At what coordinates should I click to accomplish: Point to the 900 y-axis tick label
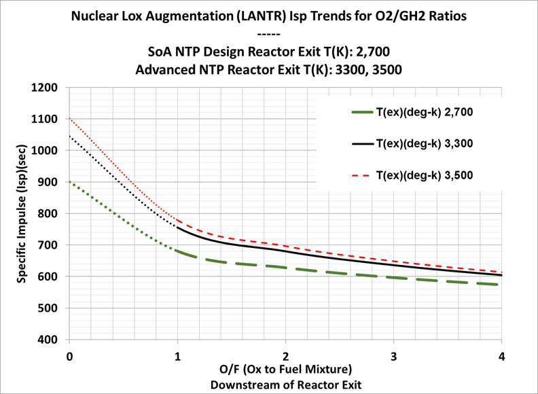coord(50,182)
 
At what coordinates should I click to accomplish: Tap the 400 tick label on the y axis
coord(50,340)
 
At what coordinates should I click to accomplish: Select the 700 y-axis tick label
coord(50,245)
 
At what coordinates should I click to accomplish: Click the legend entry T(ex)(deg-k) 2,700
coord(425,112)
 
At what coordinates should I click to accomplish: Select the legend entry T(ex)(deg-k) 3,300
coord(425,143)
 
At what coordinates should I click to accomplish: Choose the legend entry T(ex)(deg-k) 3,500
coord(425,175)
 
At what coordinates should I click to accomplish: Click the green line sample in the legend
coord(362,112)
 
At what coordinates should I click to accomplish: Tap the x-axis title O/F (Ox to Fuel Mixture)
coord(286,370)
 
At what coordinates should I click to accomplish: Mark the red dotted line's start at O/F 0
coord(70,118)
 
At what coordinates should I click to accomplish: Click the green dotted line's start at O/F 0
coord(70,182)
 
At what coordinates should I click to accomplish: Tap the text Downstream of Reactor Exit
coord(286,384)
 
